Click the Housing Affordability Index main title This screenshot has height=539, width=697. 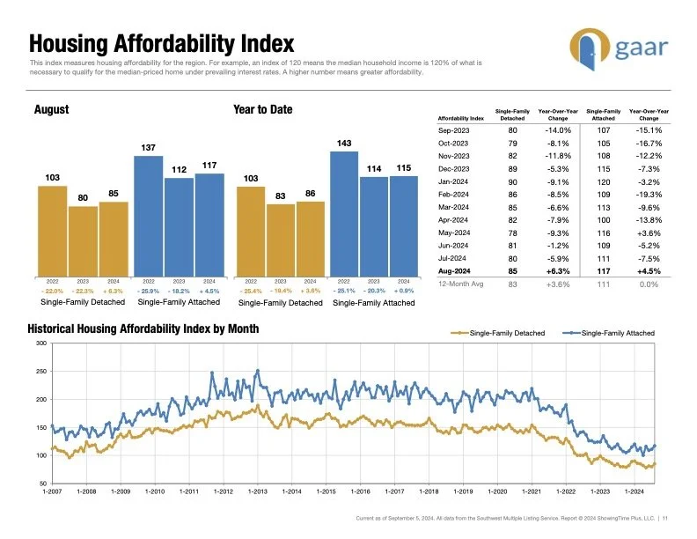[x=161, y=43]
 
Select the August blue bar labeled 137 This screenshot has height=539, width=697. [x=149, y=214]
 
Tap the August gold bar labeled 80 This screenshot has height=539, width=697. [x=83, y=240]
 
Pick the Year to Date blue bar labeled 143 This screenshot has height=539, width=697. [x=345, y=211]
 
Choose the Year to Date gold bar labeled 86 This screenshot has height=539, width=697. [x=311, y=238]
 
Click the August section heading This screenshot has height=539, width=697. [x=51, y=109]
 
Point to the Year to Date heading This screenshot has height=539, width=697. [x=262, y=109]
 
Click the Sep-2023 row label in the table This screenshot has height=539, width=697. [x=454, y=130]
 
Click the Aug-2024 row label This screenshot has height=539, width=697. [x=453, y=270]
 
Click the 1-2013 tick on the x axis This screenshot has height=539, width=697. [x=257, y=491]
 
